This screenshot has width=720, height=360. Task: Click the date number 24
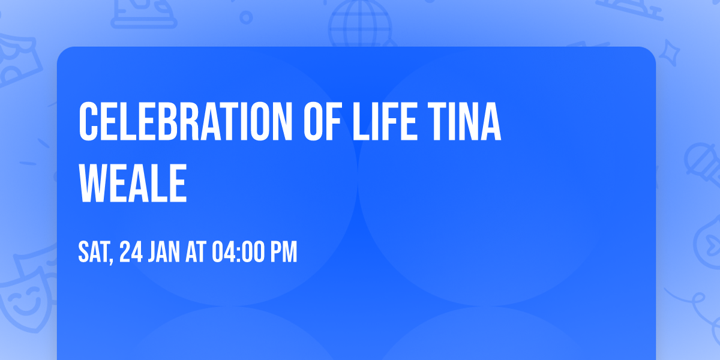pyautogui.click(x=131, y=253)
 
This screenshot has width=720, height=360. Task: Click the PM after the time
pyautogui.click(x=283, y=253)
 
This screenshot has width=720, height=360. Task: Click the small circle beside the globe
pyautogui.click(x=246, y=19)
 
